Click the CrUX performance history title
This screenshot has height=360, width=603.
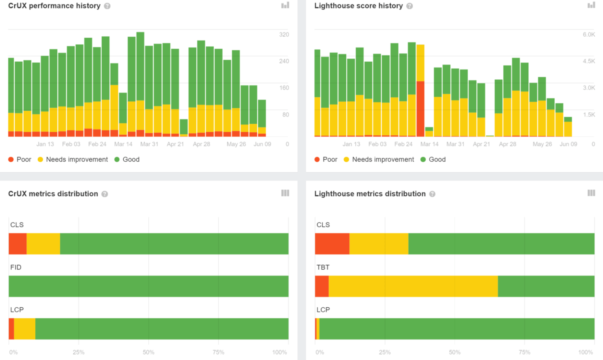coord(54,6)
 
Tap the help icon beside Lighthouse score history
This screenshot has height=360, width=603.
coord(409,6)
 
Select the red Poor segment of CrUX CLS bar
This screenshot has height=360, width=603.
coord(18,244)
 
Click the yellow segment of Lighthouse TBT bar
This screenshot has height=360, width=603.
coord(413,286)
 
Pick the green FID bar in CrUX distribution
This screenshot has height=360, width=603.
coord(148,286)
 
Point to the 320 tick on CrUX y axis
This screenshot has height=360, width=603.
coord(284,35)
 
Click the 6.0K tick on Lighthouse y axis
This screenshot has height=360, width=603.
coord(589,35)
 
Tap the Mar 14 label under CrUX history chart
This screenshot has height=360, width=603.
coord(123,144)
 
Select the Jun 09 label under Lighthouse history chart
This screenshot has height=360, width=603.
coord(568,144)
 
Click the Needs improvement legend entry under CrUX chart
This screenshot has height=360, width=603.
coord(77,159)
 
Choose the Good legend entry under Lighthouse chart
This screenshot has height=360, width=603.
coord(437,159)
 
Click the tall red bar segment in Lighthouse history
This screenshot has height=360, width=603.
coord(420,109)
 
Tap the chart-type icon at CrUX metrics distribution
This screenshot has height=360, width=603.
coord(285,193)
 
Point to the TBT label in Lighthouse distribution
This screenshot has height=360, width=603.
coord(323,267)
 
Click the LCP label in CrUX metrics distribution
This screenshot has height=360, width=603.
coord(17,310)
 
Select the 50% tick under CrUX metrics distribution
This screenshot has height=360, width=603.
coord(148,352)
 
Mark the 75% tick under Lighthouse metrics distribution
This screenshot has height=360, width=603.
coord(524,352)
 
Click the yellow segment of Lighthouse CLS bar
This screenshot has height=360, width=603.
coord(379,244)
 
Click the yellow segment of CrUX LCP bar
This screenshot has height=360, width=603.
coord(25,329)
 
